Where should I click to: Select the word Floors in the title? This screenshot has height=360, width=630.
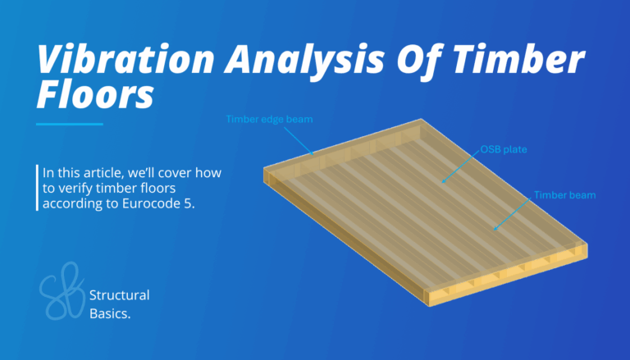95,97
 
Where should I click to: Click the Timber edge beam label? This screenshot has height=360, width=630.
269,120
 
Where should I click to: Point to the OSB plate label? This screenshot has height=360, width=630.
504,150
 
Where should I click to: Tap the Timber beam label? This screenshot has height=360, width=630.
564,195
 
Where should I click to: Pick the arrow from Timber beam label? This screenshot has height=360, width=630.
514,212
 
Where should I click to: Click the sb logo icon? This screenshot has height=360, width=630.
62,291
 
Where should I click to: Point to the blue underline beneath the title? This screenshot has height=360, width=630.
70,124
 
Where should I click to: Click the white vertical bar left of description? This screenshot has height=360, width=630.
38,188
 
